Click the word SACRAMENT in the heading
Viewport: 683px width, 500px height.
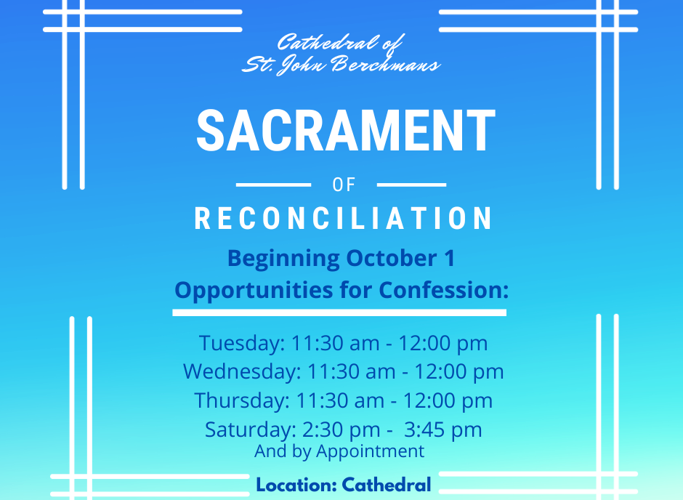(x=346, y=130)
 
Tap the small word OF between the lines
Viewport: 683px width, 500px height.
(x=344, y=185)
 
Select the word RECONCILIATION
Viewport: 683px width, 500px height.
(x=343, y=218)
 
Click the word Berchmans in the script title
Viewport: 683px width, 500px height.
(x=385, y=65)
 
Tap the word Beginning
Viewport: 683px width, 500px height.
(x=283, y=259)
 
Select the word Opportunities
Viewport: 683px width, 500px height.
(x=254, y=291)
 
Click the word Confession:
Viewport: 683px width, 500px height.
(x=443, y=290)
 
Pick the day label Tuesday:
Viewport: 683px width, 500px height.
(x=242, y=343)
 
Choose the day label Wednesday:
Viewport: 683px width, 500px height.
(x=242, y=371)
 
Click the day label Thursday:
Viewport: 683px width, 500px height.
(x=242, y=400)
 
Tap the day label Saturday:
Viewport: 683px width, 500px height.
(x=251, y=430)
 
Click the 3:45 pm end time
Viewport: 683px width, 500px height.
(x=443, y=430)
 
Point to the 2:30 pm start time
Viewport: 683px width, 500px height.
(x=341, y=430)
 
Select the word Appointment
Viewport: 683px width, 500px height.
(x=371, y=451)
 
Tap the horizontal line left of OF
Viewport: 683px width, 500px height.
(x=273, y=185)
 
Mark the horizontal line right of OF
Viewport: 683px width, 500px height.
(x=412, y=185)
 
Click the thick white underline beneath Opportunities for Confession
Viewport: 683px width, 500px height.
(x=339, y=312)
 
